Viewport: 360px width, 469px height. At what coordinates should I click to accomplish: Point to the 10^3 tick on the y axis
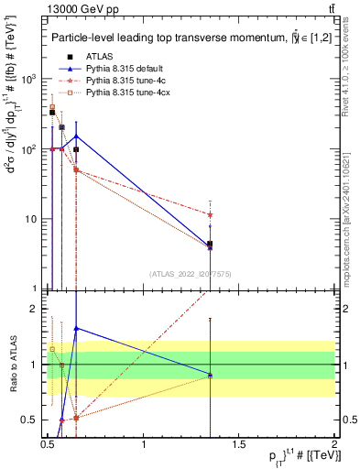point(30,79)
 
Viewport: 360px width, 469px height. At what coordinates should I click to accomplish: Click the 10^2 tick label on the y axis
point(30,148)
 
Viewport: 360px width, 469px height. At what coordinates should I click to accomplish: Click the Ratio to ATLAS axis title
point(11,365)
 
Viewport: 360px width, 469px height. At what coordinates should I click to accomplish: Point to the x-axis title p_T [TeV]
point(292,458)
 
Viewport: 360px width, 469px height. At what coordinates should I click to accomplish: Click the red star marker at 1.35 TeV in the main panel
point(211,214)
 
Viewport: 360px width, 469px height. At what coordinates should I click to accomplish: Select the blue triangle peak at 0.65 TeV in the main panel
point(76,136)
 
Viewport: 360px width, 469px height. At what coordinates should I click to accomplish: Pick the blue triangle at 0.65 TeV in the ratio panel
point(76,327)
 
